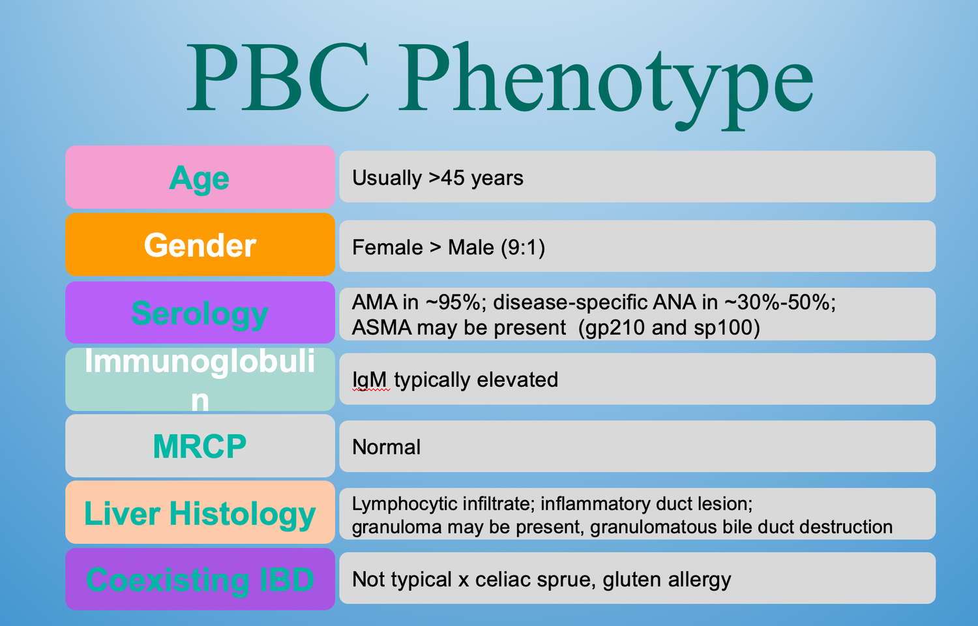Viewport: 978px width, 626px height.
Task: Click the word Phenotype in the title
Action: [x=606, y=82]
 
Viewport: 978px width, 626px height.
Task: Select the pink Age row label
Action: [x=200, y=178]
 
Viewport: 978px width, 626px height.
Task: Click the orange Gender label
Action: [x=200, y=245]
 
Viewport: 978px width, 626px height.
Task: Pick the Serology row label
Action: [x=200, y=313]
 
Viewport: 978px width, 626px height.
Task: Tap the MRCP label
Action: [x=200, y=447]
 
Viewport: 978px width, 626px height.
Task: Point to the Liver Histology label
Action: [x=200, y=514]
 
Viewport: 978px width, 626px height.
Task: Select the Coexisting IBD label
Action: [x=200, y=580]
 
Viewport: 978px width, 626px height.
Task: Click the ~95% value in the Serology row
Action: [x=456, y=303]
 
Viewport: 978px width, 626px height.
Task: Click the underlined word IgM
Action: [x=370, y=380]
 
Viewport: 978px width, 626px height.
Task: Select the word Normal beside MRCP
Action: [x=386, y=447]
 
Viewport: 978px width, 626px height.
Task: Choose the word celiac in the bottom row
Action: [x=501, y=580]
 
